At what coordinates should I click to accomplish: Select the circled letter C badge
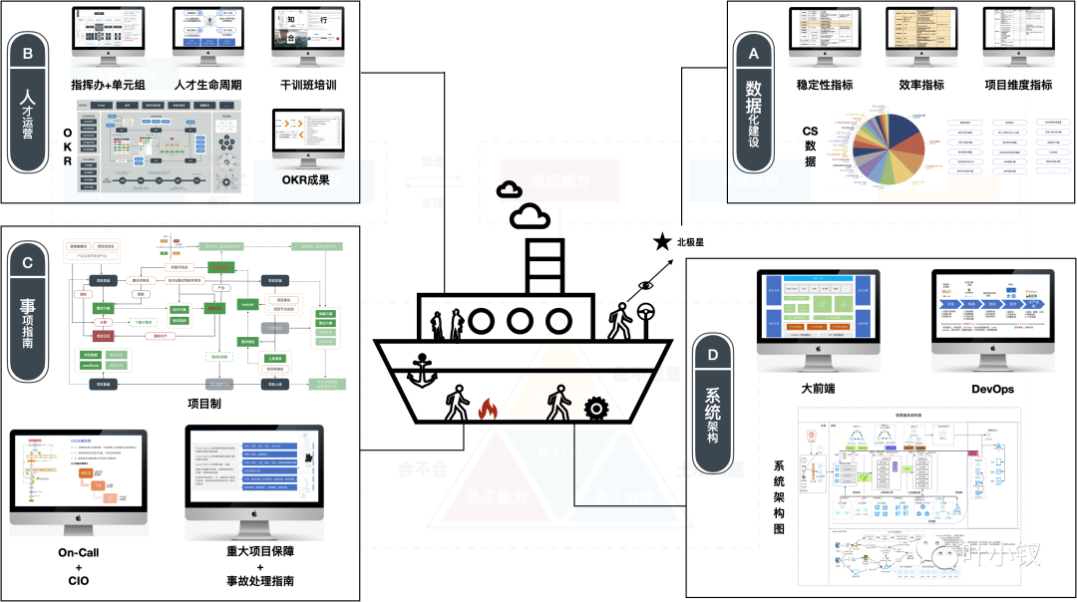pyautogui.click(x=27, y=263)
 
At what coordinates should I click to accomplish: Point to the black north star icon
pyautogui.click(x=662, y=241)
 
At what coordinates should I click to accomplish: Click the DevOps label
pyautogui.click(x=992, y=389)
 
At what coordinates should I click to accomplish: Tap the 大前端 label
pyautogui.click(x=819, y=388)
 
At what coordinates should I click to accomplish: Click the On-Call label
pyautogui.click(x=78, y=552)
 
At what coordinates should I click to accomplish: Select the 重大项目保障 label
pyautogui.click(x=254, y=551)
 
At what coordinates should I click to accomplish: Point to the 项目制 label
pyautogui.click(x=205, y=403)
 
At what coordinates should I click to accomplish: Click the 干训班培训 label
pyautogui.click(x=308, y=86)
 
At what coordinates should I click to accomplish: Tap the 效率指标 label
pyautogui.click(x=920, y=86)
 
